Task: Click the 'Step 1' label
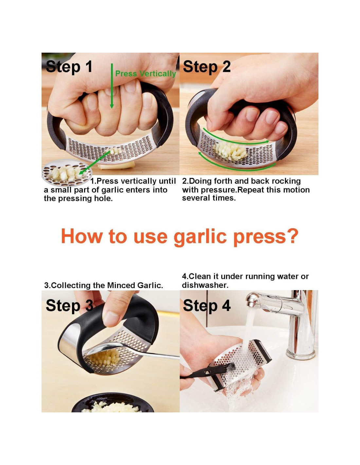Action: pos(69,67)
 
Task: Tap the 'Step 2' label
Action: pos(207,67)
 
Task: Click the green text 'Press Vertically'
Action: pos(145,74)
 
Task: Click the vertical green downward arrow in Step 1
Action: pos(112,86)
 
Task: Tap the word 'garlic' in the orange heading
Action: pos(200,236)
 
